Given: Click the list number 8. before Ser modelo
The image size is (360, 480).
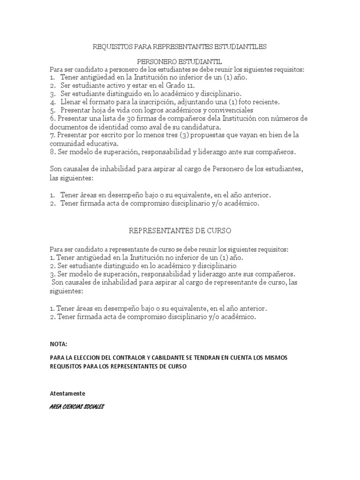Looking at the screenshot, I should tap(52, 152).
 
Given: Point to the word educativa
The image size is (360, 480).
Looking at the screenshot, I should tap(103, 143).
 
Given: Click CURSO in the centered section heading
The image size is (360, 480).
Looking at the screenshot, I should tap(219, 231).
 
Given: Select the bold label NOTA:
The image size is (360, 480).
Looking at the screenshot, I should tap(59, 344).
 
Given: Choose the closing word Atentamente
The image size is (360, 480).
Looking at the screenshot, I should tap(67, 393).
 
